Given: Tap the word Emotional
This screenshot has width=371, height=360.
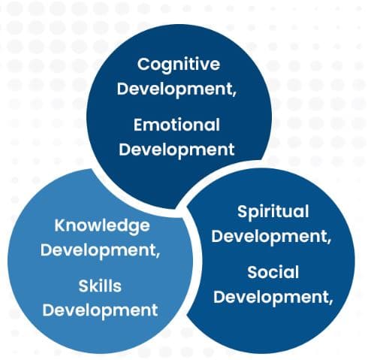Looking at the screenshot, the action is [176, 125].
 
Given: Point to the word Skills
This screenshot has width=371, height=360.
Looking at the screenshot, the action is [100, 286].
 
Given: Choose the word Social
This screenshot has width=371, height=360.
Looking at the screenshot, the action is [273, 272].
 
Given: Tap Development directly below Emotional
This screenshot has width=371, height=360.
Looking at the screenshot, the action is [176, 150].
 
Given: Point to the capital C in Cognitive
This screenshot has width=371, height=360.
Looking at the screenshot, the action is [143, 64].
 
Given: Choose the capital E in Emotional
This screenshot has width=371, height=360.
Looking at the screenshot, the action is [138, 125].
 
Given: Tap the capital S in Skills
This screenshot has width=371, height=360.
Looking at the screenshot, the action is [83, 286].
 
